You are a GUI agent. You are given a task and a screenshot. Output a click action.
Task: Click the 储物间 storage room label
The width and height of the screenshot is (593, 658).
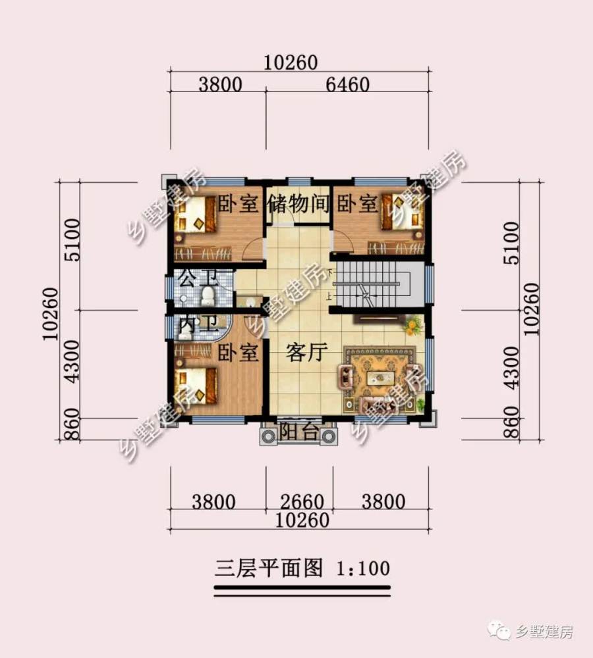click(x=298, y=204)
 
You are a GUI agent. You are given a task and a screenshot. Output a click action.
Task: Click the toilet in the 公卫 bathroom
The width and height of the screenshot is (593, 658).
click(x=208, y=295)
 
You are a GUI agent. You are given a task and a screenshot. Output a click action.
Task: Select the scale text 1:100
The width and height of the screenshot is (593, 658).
click(x=362, y=567)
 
